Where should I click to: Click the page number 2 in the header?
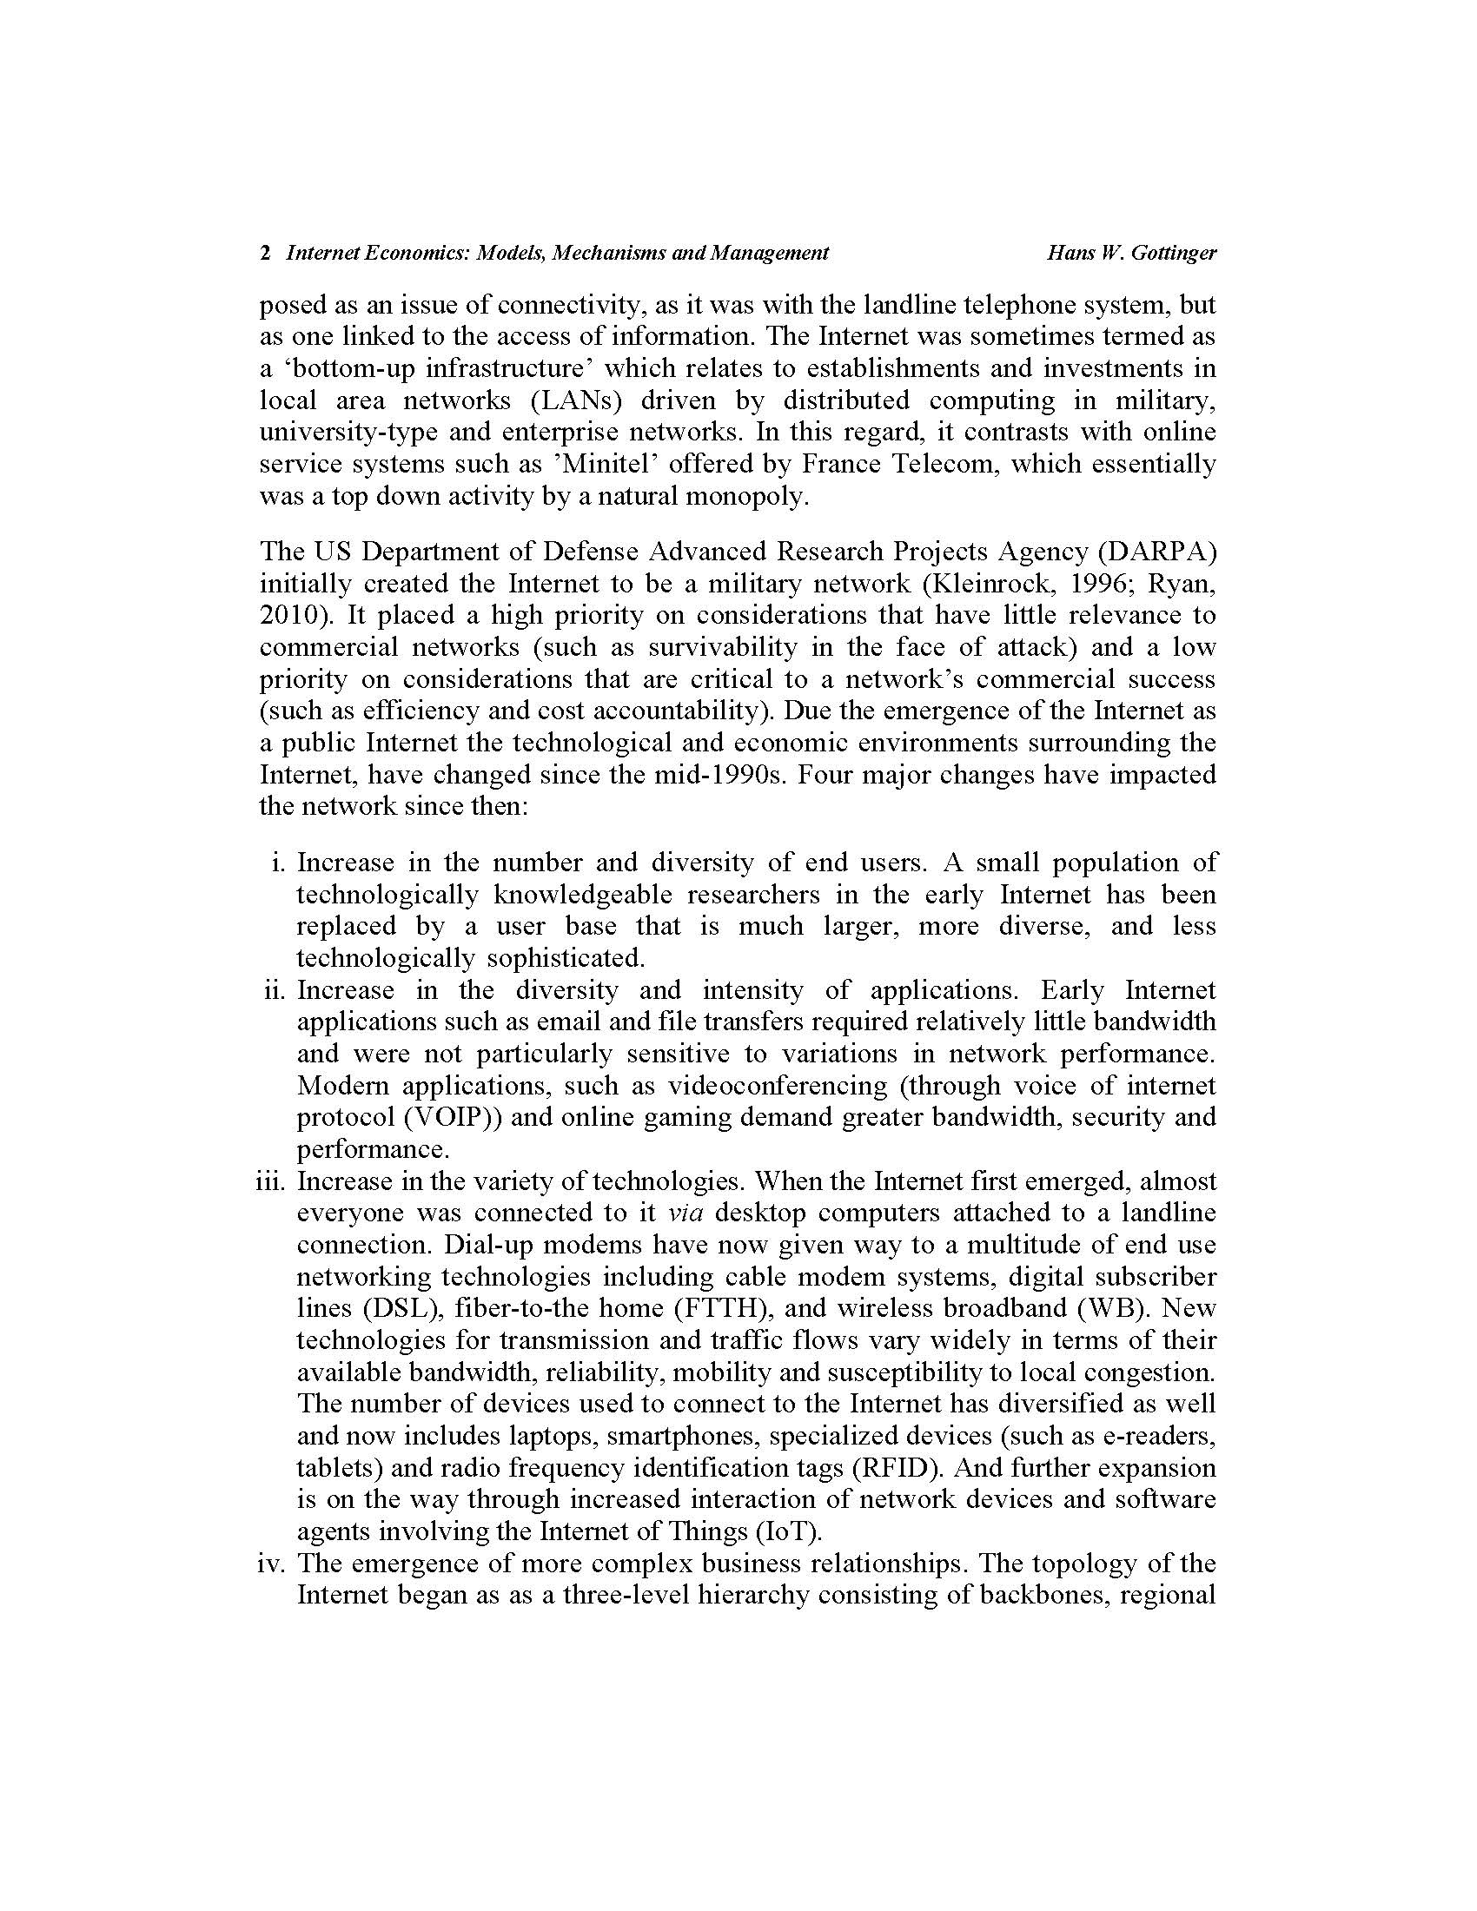(x=264, y=254)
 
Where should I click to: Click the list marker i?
(x=279, y=863)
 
